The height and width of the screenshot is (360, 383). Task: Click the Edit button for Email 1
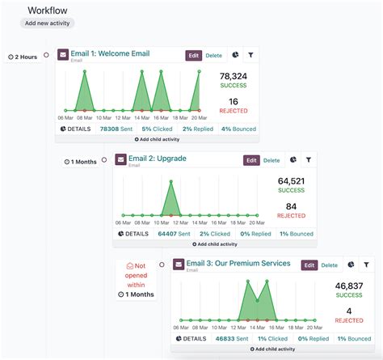[193, 56]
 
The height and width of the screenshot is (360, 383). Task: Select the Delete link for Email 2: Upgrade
[271, 160]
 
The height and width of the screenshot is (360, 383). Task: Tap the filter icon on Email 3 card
[366, 265]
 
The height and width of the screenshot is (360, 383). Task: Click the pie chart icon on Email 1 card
[235, 56]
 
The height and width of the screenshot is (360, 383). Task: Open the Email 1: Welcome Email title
[110, 53]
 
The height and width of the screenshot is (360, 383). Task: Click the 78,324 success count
[234, 76]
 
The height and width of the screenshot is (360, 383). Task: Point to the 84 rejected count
[292, 206]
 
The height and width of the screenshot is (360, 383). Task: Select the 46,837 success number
[349, 286]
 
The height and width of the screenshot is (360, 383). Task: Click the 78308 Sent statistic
[114, 129]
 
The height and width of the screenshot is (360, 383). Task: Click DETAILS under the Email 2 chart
[133, 233]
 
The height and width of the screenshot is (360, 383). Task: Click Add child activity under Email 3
[272, 349]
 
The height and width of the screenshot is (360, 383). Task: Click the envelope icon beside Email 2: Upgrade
[120, 160]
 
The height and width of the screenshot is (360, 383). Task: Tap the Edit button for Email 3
[309, 265]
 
